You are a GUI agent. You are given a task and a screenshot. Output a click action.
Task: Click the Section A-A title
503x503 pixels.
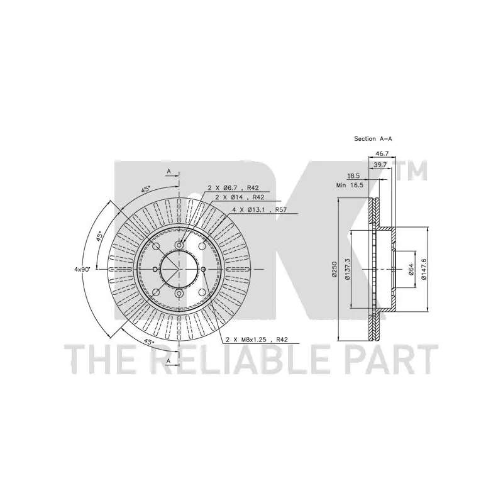373,139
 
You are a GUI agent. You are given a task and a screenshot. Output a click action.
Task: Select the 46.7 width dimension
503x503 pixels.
382,153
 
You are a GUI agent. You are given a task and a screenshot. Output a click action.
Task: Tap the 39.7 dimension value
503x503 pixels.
381,165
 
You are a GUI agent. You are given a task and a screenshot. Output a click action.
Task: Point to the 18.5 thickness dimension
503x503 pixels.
353,176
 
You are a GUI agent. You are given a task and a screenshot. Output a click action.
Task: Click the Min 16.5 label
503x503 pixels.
350,185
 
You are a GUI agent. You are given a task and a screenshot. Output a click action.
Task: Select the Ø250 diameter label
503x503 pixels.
334,269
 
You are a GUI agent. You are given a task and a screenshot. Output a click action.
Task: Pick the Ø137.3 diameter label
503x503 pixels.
347,269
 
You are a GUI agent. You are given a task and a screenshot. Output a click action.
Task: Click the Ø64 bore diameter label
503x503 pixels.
411,269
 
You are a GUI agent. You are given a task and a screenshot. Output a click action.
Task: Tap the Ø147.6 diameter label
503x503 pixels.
423,269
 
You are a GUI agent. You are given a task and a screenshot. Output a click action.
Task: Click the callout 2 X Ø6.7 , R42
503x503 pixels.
233,188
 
